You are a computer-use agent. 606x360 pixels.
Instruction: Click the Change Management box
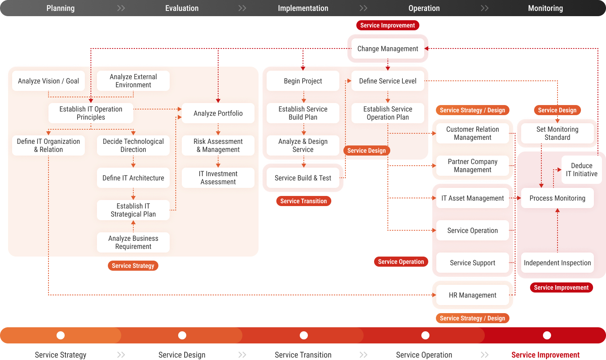pyautogui.click(x=388, y=48)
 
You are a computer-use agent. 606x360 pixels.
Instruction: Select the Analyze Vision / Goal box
pyautogui.click(x=48, y=81)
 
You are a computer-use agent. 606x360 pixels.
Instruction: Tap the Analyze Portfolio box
pyautogui.click(x=218, y=113)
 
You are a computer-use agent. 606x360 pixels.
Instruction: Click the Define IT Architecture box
pyautogui.click(x=133, y=178)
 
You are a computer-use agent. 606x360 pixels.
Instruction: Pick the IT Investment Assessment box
pyautogui.click(x=218, y=178)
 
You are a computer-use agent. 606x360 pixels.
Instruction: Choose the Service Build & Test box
pyautogui.click(x=303, y=178)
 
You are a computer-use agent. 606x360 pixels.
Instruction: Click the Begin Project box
pyautogui.click(x=303, y=81)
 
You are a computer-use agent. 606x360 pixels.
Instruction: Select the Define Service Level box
pyautogui.click(x=388, y=81)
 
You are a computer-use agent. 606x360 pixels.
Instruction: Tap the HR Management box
pyautogui.click(x=473, y=295)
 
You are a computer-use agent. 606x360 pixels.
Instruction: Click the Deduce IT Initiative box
pyautogui.click(x=581, y=170)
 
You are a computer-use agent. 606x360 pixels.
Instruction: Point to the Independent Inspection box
pyautogui.click(x=558, y=263)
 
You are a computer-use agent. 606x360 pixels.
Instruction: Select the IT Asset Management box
pyautogui.click(x=473, y=198)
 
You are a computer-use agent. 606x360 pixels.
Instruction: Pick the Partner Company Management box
pyautogui.click(x=473, y=166)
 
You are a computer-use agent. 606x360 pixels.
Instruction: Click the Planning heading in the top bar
pyautogui.click(x=61, y=8)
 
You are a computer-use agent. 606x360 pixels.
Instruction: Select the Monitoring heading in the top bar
pyautogui.click(x=545, y=8)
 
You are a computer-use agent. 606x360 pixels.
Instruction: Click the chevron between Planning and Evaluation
pyautogui.click(x=121, y=8)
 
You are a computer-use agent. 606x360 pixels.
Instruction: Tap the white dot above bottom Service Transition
pyautogui.click(x=304, y=335)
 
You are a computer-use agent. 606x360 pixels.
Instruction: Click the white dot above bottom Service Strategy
pyautogui.click(x=61, y=335)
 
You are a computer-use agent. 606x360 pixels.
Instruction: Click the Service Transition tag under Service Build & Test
pyautogui.click(x=303, y=201)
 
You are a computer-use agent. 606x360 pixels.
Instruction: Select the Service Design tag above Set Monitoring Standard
pyautogui.click(x=557, y=110)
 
